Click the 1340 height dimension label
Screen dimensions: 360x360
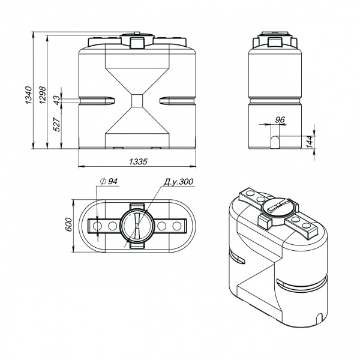pyautogui.click(x=28, y=95)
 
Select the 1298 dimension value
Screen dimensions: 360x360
pyautogui.click(x=43, y=95)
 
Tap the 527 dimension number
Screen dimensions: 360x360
pyautogui.click(x=57, y=124)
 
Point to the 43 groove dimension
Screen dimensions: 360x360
pyautogui.click(x=57, y=100)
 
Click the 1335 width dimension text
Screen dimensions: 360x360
pyautogui.click(x=138, y=161)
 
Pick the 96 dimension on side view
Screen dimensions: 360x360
pyautogui.click(x=280, y=119)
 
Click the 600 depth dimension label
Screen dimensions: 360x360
pyautogui.click(x=68, y=224)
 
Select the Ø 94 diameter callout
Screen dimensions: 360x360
pyautogui.click(x=109, y=181)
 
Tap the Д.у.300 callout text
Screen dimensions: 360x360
pyautogui.click(x=178, y=182)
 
